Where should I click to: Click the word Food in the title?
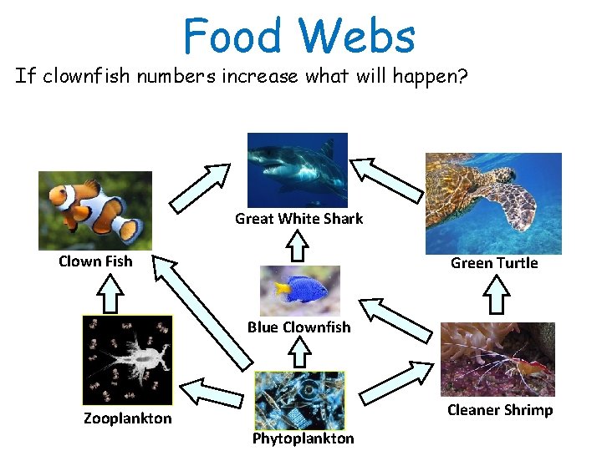pos(233,37)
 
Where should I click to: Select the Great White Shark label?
pos(298,219)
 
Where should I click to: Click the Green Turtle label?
pos(494,263)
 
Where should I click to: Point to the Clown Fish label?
pos(95,261)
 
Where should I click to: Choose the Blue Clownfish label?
pos(298,327)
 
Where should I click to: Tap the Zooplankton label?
pos(127,418)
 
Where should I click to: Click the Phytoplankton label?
pos(303,438)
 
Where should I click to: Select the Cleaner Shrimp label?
pos(500,410)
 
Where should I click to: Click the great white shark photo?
pos(298,170)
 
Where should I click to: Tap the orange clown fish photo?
pos(95,210)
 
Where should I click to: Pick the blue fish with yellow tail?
pos(299,290)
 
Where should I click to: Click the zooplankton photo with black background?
pos(127,360)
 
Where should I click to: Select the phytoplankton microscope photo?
pos(298,400)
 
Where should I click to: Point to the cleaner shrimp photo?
pos(497,359)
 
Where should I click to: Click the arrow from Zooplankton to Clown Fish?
pos(110,292)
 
